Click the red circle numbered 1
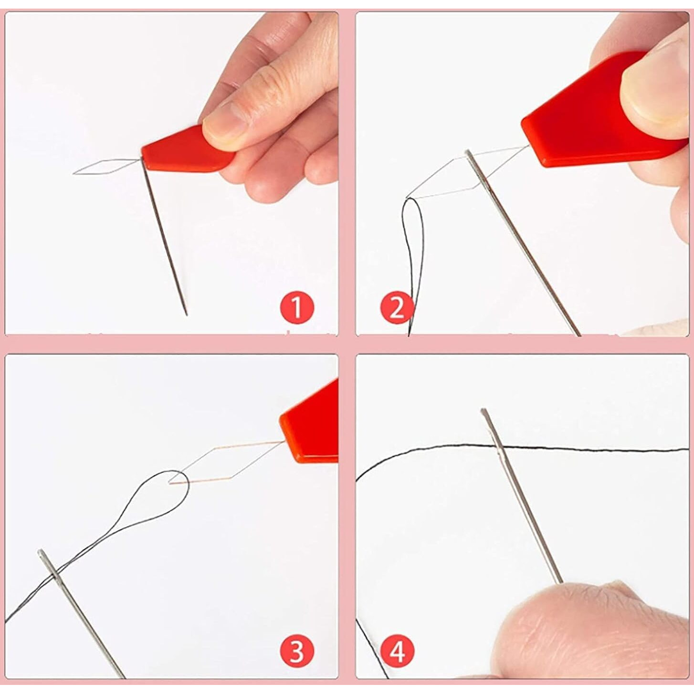[x=297, y=307]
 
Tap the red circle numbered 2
[x=397, y=307]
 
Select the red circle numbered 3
[x=296, y=651]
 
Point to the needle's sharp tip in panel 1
[x=186, y=313]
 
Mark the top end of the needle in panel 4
[x=484, y=411]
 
